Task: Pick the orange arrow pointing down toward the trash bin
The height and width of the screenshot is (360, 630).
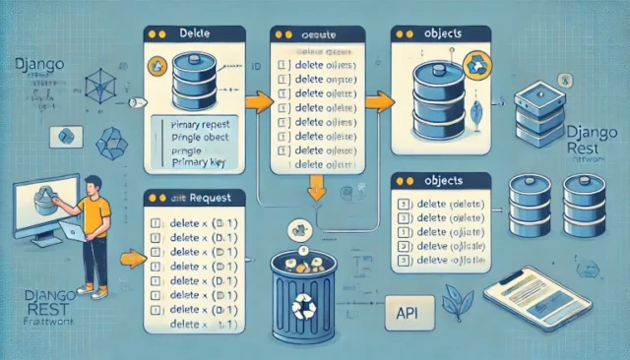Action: click(x=317, y=187)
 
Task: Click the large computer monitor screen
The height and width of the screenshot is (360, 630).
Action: click(x=43, y=206)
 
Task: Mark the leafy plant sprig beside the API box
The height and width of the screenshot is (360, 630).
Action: click(x=456, y=300)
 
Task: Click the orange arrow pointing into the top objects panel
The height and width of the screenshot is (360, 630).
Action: click(x=378, y=100)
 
